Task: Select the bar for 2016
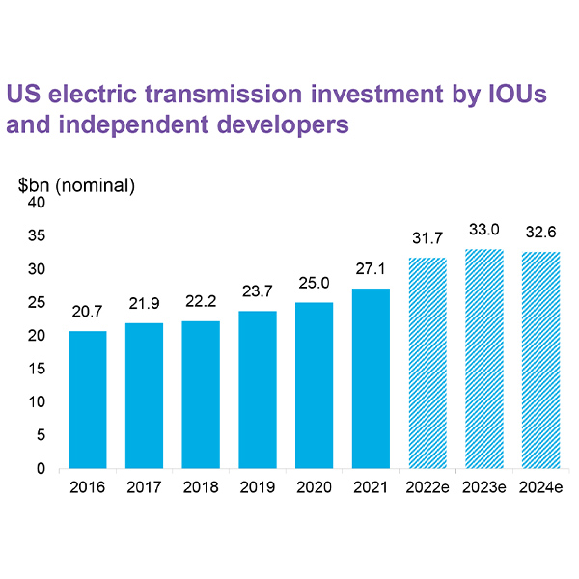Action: coord(87,400)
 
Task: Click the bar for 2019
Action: coord(258,390)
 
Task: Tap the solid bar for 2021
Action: coord(371,378)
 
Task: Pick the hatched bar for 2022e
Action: coord(427,363)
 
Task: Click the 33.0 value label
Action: coord(484,230)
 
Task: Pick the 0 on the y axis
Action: coord(41,469)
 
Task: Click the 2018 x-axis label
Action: coord(201,487)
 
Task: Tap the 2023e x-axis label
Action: coord(484,487)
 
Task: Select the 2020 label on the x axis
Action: coord(314,487)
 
